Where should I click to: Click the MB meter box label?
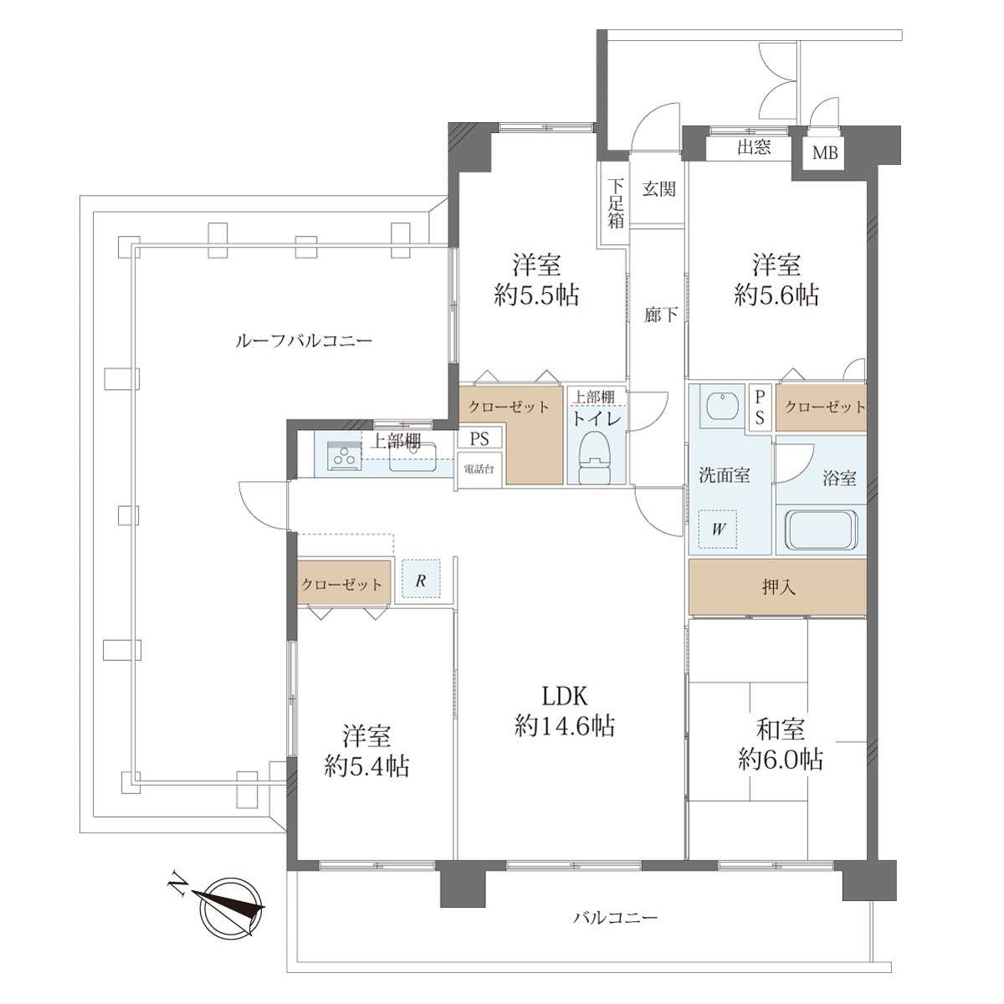pos(825,153)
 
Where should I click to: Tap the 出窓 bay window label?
pos(753,147)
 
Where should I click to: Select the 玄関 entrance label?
pos(659,188)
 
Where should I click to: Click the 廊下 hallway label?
pos(661,315)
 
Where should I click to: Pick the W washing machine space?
pos(718,529)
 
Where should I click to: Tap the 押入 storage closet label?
pos(778,587)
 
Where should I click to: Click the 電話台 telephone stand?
pos(479,469)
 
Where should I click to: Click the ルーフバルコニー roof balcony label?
pos(305,341)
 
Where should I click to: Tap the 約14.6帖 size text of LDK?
pos(565,725)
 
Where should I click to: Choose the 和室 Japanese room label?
pos(780,729)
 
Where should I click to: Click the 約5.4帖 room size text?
pos(366,766)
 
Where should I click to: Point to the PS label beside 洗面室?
pos(761,407)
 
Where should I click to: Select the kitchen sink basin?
pos(413,457)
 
